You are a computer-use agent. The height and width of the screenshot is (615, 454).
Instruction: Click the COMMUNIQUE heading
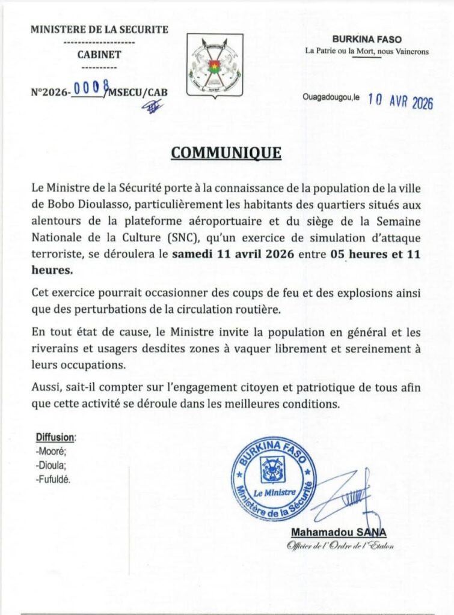coord(226,153)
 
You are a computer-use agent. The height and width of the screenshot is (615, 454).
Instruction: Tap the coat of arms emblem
coord(215,65)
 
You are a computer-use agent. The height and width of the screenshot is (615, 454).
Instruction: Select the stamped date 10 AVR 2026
coord(400,101)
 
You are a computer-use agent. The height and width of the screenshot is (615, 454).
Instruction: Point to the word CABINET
coord(99,55)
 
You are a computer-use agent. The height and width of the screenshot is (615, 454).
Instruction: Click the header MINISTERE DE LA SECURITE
coord(99,29)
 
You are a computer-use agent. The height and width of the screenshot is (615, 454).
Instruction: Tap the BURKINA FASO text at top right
coord(367,40)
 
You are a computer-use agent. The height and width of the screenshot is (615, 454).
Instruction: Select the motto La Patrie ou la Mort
coord(343,51)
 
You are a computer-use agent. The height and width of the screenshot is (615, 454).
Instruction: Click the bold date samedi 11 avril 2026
coord(233,254)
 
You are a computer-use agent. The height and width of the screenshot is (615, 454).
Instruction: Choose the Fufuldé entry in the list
coord(54,479)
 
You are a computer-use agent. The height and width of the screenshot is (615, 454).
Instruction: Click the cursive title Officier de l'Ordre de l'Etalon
coord(340,545)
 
